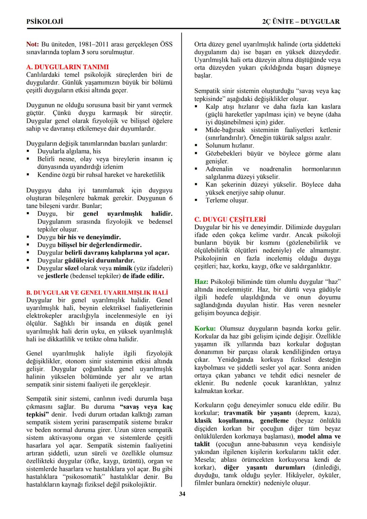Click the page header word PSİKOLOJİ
tap(45, 22)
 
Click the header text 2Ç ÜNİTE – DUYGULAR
tap(301, 22)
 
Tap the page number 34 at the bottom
tap(182, 494)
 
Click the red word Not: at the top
tap(33, 45)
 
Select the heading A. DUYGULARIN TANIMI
tap(67, 67)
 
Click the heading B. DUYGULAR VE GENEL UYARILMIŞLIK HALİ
tap(97, 293)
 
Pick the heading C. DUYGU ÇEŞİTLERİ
tap(230, 219)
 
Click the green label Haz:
tap(201, 282)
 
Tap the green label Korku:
tap(205, 329)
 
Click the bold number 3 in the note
tap(83, 52)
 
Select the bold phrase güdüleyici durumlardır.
tap(100, 261)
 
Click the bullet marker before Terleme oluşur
tap(196, 201)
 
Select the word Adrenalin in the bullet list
tap(219, 169)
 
